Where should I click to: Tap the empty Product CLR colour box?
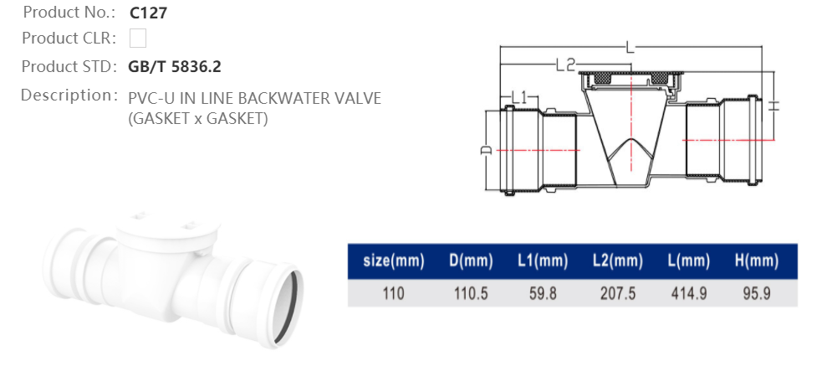click(138, 39)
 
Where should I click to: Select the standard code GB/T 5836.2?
click(175, 66)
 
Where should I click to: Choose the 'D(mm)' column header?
click(468, 261)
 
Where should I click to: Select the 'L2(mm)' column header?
click(617, 261)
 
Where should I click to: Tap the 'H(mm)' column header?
click(757, 261)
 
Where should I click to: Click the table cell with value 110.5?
click(468, 294)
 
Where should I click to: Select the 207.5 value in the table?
click(617, 294)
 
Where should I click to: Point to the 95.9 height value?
click(757, 294)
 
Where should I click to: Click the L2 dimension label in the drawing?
click(566, 64)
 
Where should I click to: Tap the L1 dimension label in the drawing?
click(520, 98)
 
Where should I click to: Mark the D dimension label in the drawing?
click(484, 150)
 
